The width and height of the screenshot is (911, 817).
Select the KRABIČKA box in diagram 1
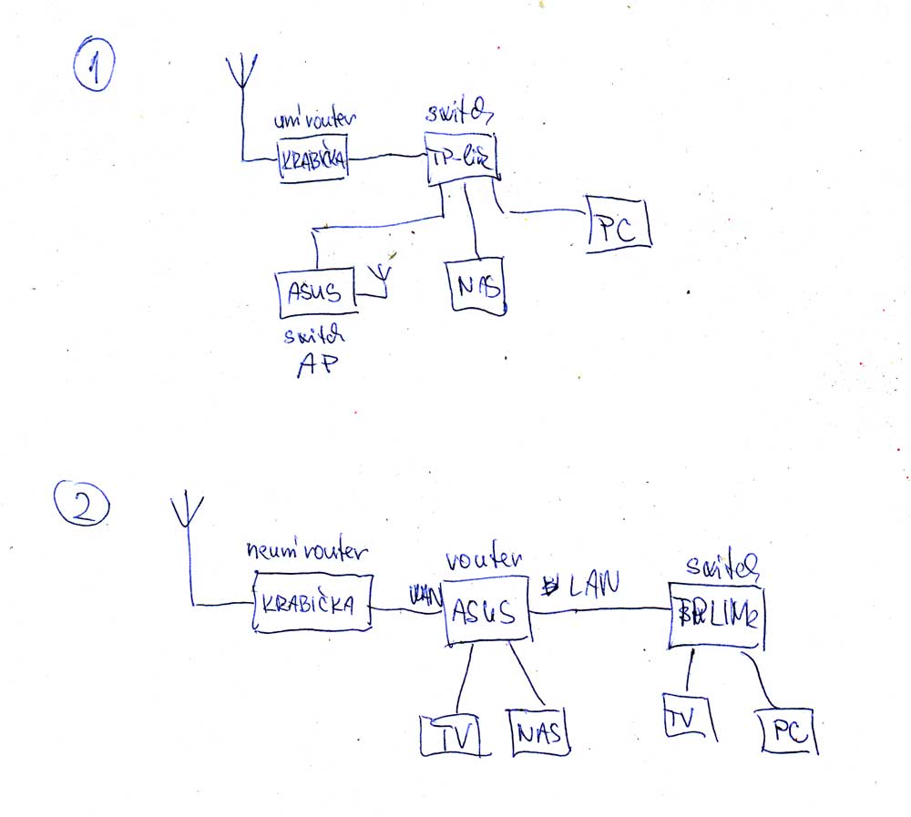[313, 160]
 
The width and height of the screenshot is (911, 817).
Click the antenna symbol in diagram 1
[242, 73]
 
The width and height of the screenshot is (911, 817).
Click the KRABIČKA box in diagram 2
[312, 603]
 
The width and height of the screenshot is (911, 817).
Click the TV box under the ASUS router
[452, 734]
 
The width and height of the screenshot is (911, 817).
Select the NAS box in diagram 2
[540, 731]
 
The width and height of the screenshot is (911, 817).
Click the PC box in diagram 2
[789, 732]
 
